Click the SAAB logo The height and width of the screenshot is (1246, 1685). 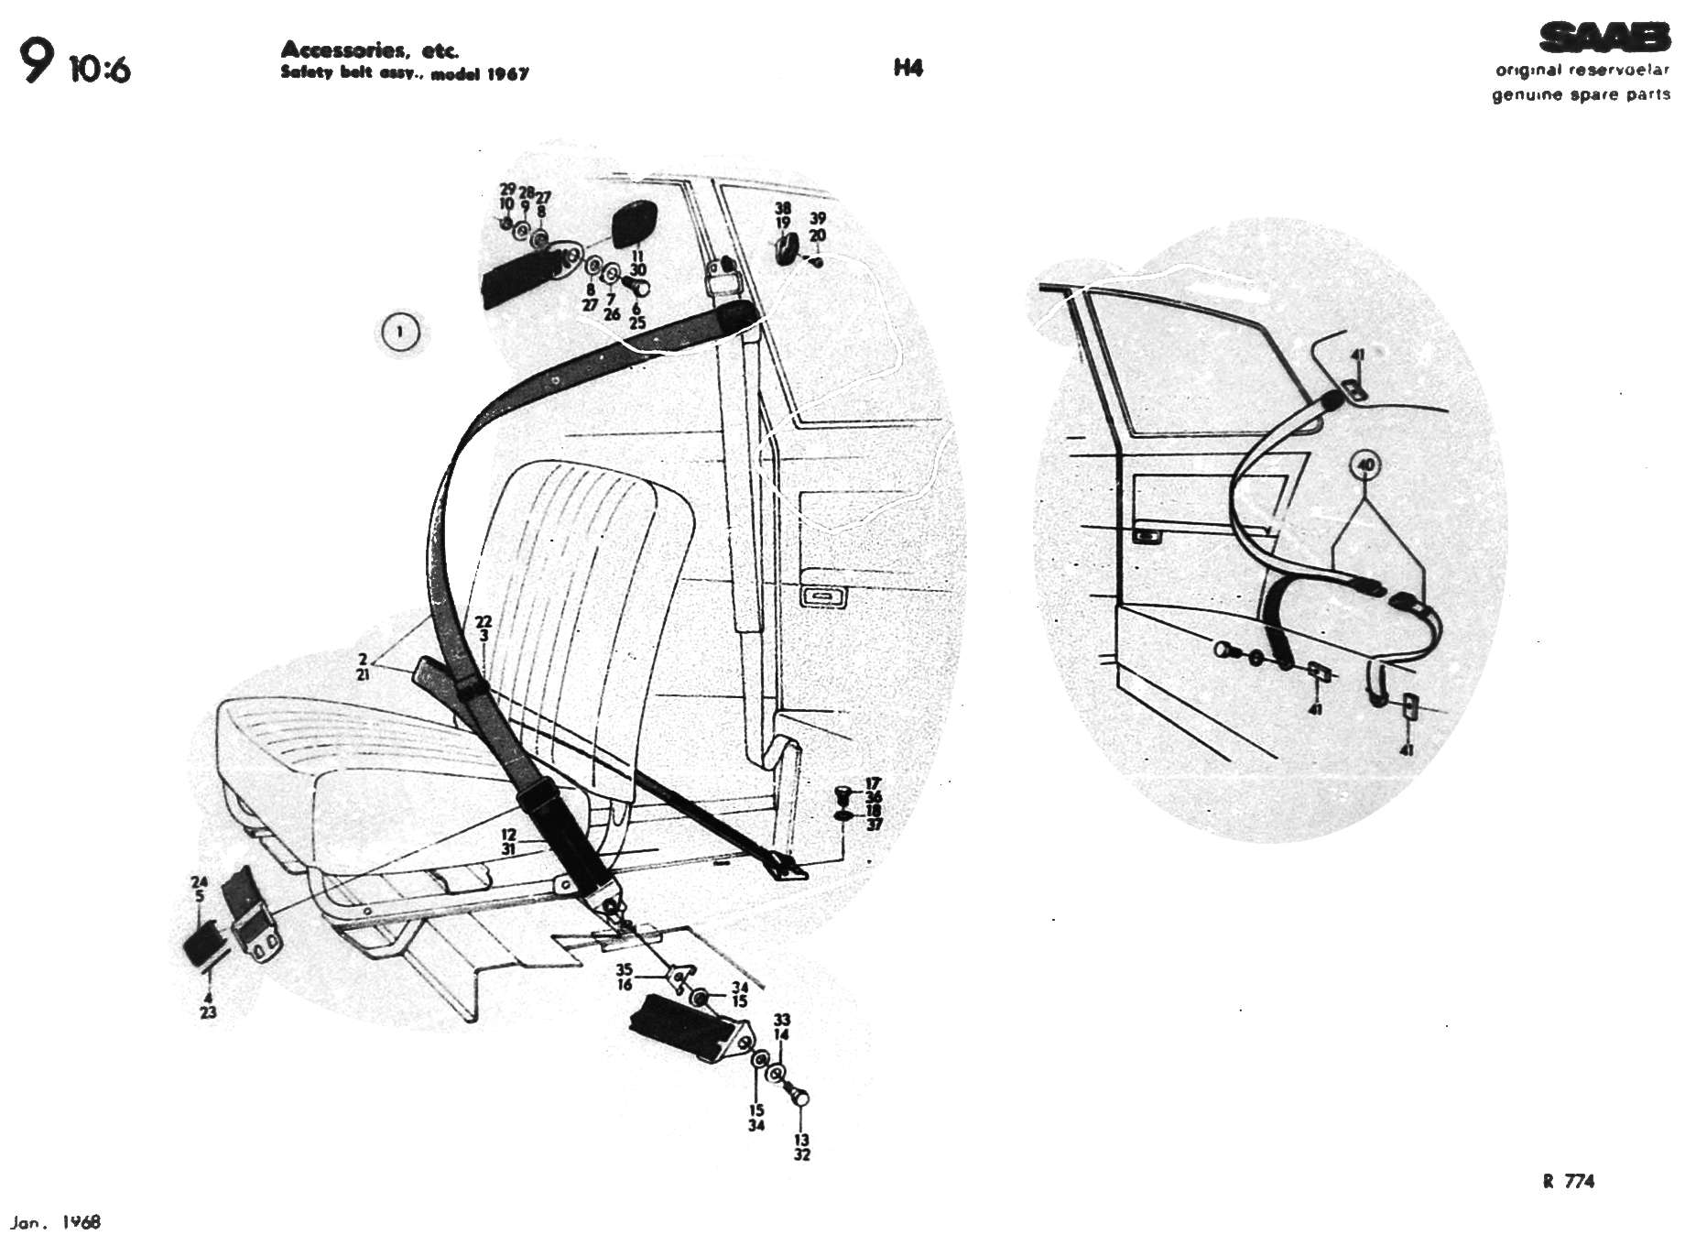point(1603,38)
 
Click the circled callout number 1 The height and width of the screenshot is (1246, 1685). point(400,332)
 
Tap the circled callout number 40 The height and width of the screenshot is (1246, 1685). point(1365,465)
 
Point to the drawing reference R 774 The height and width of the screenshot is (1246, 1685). point(1568,1181)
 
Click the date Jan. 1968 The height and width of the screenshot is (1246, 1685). point(56,1222)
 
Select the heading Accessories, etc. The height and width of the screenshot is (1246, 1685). point(369,49)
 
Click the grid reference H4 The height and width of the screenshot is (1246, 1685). point(908,68)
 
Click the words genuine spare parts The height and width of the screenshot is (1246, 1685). point(1581,94)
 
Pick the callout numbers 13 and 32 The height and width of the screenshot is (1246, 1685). point(802,1147)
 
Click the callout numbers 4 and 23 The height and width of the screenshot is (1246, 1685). point(208,1005)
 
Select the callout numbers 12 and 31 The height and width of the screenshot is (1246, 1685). point(508,842)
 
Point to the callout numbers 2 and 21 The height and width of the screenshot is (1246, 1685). point(364,666)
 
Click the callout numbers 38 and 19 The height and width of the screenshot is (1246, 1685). point(783,215)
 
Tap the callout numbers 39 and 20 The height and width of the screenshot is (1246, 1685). point(818,226)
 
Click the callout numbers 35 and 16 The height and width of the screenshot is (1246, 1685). point(625,977)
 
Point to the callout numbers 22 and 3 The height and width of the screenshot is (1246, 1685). point(484,628)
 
